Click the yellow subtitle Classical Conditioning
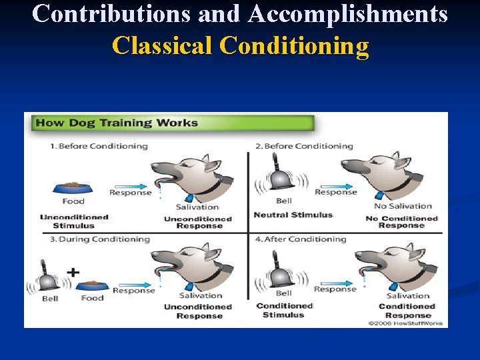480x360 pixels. [240, 46]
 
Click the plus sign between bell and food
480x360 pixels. [73, 272]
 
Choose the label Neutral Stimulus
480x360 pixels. [293, 215]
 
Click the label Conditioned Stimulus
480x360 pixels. [284, 310]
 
